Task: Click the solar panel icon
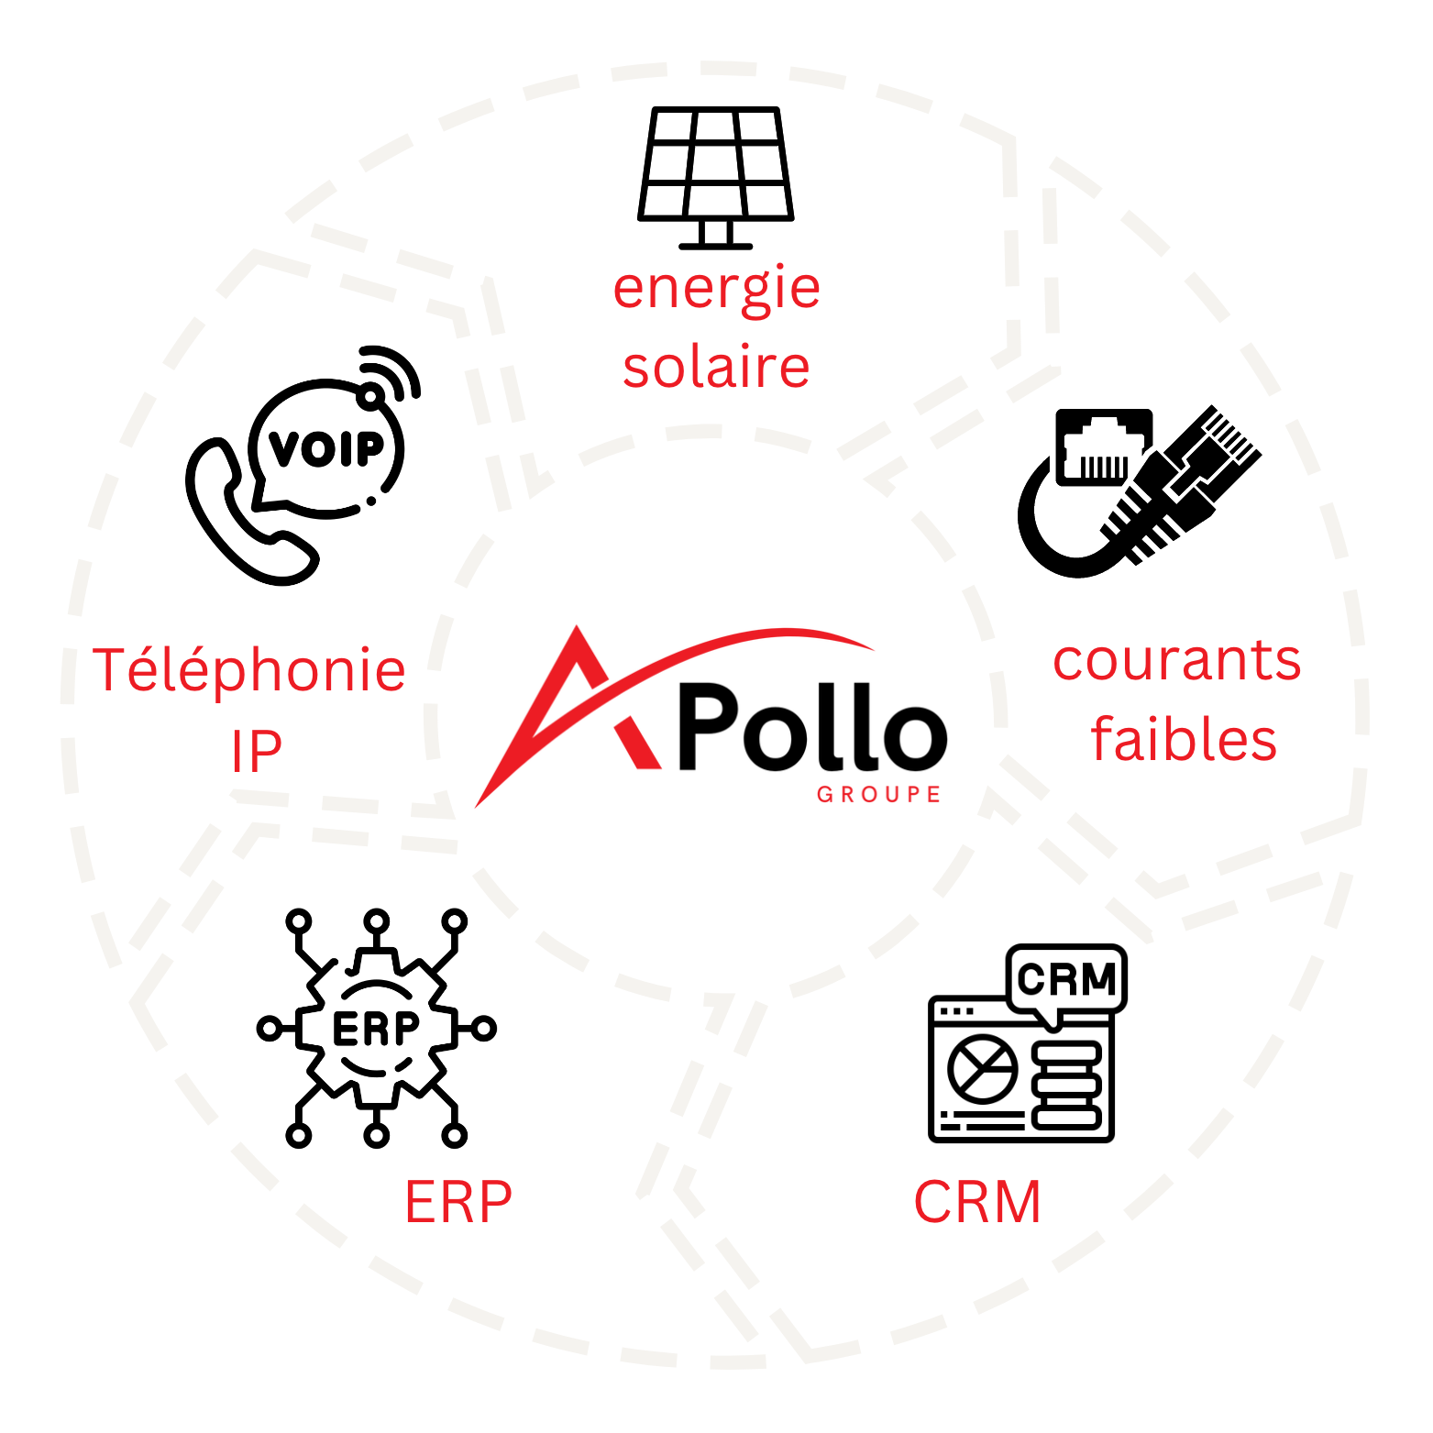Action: click(716, 178)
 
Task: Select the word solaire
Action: click(716, 367)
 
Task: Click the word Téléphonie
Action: click(248, 669)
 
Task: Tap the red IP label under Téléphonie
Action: click(256, 751)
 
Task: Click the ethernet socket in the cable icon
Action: click(1104, 446)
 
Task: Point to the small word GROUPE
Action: click(878, 794)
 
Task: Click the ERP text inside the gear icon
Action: click(376, 1029)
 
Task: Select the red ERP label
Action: click(458, 1202)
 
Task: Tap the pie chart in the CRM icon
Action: click(982, 1069)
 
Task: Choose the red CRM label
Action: click(977, 1202)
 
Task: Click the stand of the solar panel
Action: click(716, 235)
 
